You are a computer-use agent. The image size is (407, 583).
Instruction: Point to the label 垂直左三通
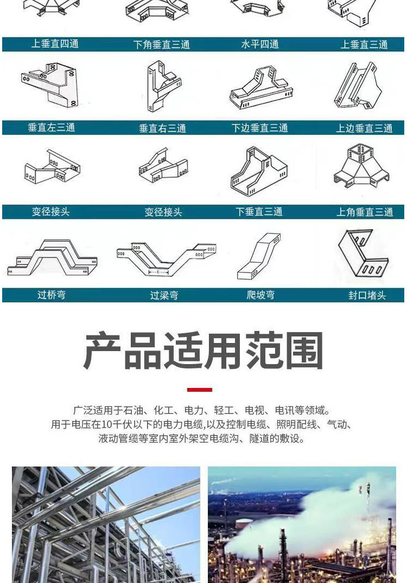[52, 128]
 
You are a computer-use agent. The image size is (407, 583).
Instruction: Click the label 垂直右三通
[162, 128]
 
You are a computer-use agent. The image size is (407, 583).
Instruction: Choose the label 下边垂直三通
[259, 128]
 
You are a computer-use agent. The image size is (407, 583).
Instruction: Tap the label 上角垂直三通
[364, 212]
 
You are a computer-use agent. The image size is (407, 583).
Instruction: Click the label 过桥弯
[52, 295]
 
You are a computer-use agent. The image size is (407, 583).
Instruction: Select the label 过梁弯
[164, 296]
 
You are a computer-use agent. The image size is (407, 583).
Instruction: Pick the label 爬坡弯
[260, 295]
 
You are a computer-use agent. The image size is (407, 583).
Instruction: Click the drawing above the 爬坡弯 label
[259, 256]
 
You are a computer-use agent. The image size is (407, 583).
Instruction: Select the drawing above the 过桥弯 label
[53, 257]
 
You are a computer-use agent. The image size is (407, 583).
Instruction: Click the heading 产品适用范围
[203, 352]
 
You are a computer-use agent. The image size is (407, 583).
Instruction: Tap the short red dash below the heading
[200, 390]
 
